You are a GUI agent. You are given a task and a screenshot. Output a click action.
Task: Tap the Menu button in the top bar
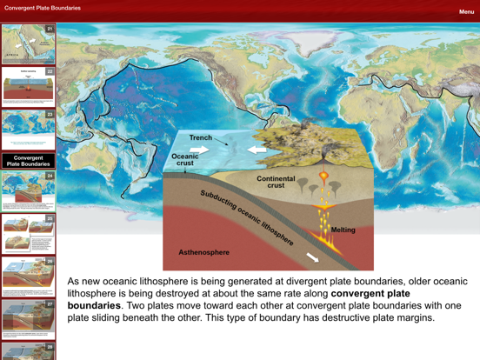[x=466, y=12]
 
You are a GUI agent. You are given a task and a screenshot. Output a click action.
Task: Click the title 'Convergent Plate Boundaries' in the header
[x=43, y=8]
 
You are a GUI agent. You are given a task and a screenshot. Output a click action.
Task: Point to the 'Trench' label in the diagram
[x=201, y=138]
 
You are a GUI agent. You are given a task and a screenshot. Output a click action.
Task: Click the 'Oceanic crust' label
[x=185, y=160]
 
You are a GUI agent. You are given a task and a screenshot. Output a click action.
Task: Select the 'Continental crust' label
[x=276, y=182]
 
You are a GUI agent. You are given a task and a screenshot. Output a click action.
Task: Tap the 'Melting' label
[x=343, y=230]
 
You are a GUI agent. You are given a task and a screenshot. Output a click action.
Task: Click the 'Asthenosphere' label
[x=204, y=253]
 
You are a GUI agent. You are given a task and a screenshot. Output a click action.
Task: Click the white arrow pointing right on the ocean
[x=201, y=150]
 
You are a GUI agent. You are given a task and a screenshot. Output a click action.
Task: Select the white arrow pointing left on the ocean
[x=257, y=150]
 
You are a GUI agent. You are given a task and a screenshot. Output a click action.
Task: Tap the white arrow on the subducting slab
[x=311, y=257]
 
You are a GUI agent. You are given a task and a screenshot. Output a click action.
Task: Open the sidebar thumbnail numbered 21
[x=28, y=44]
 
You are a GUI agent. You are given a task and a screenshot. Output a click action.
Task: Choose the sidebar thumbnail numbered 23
[x=28, y=130]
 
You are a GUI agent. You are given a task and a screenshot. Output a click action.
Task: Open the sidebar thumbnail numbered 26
[x=28, y=276]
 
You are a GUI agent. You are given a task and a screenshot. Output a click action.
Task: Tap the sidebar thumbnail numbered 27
[x=28, y=319]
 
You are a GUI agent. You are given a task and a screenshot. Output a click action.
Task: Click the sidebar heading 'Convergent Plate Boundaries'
[x=29, y=161]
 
